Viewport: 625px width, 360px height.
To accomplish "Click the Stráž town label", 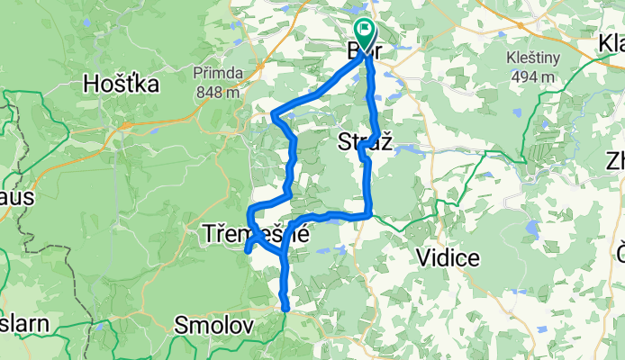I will [x=366, y=141].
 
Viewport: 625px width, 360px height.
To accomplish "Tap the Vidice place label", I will [x=447, y=258].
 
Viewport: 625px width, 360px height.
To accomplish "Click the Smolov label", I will [x=213, y=325].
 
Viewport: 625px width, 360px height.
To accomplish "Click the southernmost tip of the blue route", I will [x=286, y=309].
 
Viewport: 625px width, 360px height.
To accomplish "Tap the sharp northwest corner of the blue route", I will [x=274, y=114].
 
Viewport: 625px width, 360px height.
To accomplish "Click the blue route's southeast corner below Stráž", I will [x=369, y=214].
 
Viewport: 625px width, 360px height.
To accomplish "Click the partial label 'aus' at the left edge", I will [x=15, y=195].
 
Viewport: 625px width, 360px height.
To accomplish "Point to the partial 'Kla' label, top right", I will [x=611, y=44].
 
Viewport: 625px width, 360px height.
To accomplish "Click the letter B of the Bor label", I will [x=354, y=51].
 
